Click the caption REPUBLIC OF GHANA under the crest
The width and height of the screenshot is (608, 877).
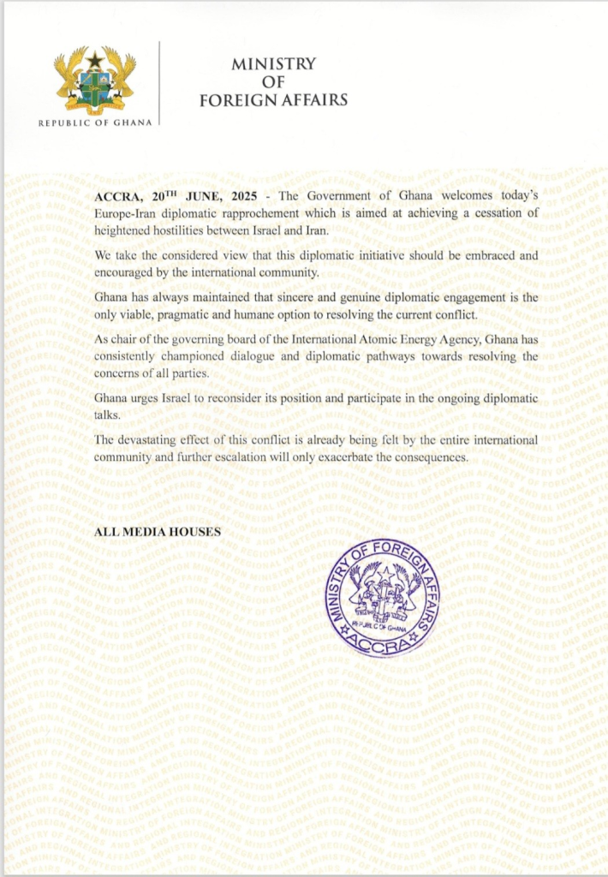(x=95, y=123)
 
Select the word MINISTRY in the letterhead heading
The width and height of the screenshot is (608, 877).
(x=273, y=64)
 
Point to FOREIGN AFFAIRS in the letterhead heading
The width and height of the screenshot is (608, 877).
(x=273, y=99)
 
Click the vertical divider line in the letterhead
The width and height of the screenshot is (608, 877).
(x=160, y=84)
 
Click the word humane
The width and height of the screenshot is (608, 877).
(x=256, y=313)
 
